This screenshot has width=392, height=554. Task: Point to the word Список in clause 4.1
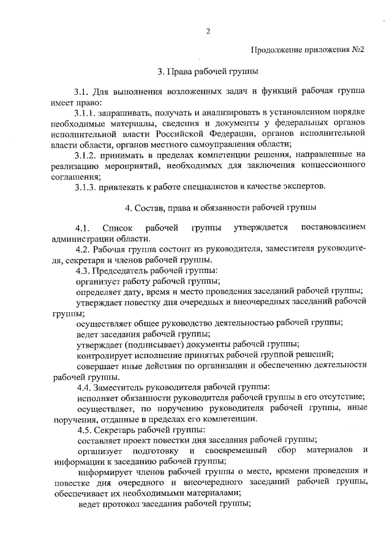click(118, 228)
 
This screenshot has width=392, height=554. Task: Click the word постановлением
click(334, 228)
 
